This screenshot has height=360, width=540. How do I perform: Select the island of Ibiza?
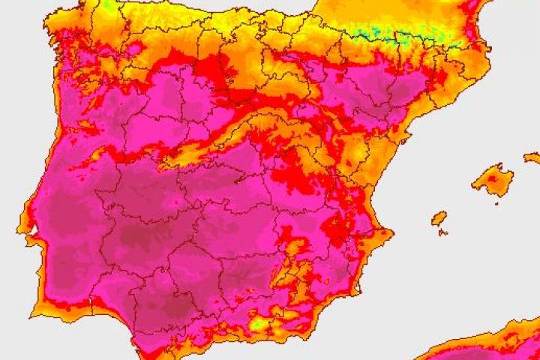pos(439,218)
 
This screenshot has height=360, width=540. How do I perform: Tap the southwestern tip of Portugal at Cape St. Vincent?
pos(34,298)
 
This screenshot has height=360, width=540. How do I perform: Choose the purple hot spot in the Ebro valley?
pos(390,94)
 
